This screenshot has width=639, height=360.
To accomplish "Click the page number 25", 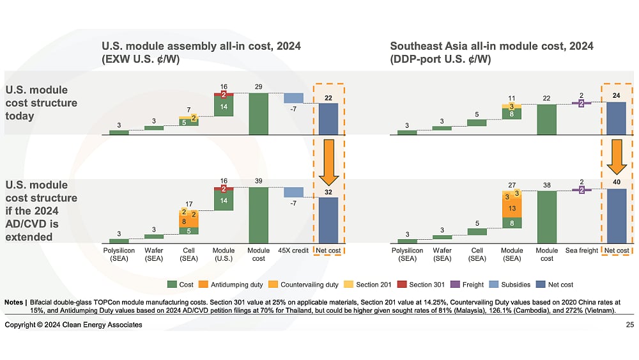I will [x=630, y=325].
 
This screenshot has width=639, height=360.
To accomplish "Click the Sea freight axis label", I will [x=581, y=251].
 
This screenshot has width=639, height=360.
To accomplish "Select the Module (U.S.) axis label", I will [x=224, y=254].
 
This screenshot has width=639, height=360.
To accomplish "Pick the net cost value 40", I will [x=617, y=182].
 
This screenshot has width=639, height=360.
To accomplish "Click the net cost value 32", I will [x=329, y=191].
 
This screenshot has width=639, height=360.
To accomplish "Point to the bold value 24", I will [x=617, y=96].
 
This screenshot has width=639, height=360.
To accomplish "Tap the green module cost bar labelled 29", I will [x=258, y=114].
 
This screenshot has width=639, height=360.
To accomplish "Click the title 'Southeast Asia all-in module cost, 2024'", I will [x=491, y=46].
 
